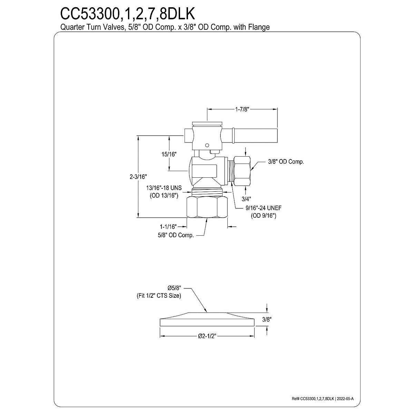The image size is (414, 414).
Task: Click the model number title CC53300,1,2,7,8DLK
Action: click(128, 14)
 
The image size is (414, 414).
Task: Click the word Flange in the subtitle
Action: click(259, 27)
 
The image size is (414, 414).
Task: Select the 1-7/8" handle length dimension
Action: click(242, 109)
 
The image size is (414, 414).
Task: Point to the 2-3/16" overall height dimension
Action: click(138, 177)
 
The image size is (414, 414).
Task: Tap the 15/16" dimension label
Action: click(169, 154)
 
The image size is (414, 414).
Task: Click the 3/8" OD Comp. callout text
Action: click(286, 162)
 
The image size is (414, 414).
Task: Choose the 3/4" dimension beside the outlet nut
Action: click(246, 199)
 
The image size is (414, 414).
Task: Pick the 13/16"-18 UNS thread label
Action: click(164, 188)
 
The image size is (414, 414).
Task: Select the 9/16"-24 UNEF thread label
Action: click(264, 208)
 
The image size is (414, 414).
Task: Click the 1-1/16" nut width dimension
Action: click(168, 226)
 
